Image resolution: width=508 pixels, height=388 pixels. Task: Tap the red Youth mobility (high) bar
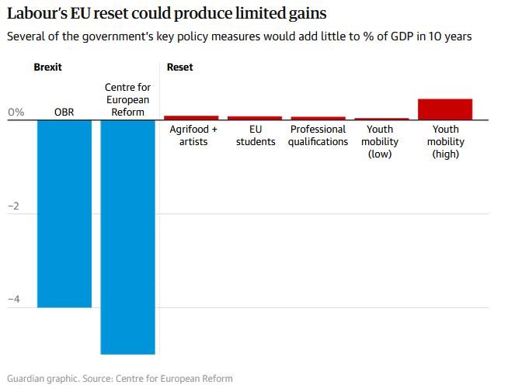click(445, 109)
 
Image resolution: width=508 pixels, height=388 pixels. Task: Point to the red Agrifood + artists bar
click(191, 117)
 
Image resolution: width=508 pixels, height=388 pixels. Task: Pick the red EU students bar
click(255, 118)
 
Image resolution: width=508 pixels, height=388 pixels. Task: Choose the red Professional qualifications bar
click(318, 118)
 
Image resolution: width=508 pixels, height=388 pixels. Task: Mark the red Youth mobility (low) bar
click(381, 119)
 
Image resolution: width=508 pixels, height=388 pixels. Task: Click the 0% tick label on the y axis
click(16, 113)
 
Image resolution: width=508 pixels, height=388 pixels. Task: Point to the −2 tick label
click(13, 206)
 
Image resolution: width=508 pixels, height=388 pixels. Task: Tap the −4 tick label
click(13, 300)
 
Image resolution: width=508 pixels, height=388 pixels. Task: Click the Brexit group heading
click(47, 68)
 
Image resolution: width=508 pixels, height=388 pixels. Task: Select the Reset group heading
click(180, 68)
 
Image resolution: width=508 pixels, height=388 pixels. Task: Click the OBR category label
click(64, 113)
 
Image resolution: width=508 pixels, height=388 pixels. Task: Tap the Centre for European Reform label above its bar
click(128, 100)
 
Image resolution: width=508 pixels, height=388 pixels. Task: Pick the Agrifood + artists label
click(193, 135)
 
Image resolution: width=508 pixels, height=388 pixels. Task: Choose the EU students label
click(256, 135)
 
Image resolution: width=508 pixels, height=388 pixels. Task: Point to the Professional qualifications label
click(318, 135)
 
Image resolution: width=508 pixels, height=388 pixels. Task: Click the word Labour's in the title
click(35, 13)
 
